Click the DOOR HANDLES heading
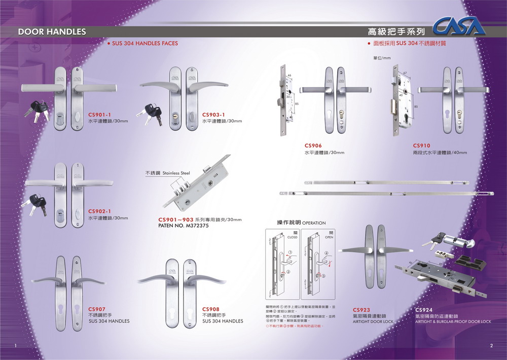[52, 31]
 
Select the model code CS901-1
[100, 115]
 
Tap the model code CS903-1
[213, 115]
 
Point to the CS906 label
[313, 146]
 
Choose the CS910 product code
[421, 146]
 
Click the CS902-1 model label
[100, 211]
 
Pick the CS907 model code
[97, 309]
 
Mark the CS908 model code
[210, 309]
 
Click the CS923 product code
[361, 309]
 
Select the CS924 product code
[423, 309]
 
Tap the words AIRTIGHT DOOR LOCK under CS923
[373, 321]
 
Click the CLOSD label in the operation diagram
[293, 237]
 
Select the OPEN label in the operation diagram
[329, 237]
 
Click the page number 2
[491, 346]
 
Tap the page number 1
[16, 346]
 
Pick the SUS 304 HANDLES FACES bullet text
[144, 44]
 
